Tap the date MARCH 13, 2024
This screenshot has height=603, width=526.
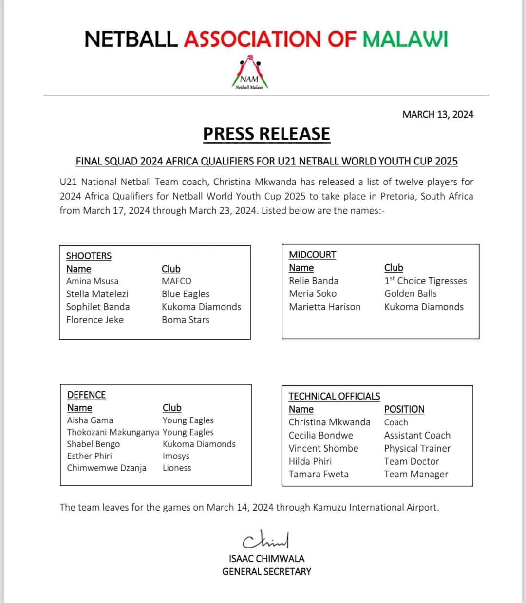[x=437, y=114]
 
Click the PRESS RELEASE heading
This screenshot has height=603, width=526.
[x=266, y=134]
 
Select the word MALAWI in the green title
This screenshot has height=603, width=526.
[x=405, y=39]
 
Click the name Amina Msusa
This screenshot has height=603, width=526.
[x=92, y=281]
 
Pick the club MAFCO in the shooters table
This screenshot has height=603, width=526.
[x=176, y=281]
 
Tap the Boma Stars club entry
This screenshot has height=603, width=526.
[x=186, y=320]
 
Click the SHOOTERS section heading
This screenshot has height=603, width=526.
[x=89, y=256]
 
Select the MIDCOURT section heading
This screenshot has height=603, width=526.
[x=312, y=255]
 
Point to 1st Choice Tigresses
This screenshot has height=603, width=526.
[x=425, y=281]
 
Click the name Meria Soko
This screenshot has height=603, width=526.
[x=312, y=293]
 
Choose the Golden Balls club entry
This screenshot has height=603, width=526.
[x=410, y=293]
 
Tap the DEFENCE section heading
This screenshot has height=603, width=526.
[x=86, y=395]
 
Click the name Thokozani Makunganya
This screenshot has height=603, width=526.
[x=113, y=432]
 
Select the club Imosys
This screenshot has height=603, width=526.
[x=176, y=456]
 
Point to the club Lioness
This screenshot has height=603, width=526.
[x=177, y=468]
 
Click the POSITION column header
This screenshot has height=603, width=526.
[x=404, y=409]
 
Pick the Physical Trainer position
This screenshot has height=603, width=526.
[x=417, y=448]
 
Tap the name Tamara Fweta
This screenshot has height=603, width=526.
[x=319, y=474]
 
